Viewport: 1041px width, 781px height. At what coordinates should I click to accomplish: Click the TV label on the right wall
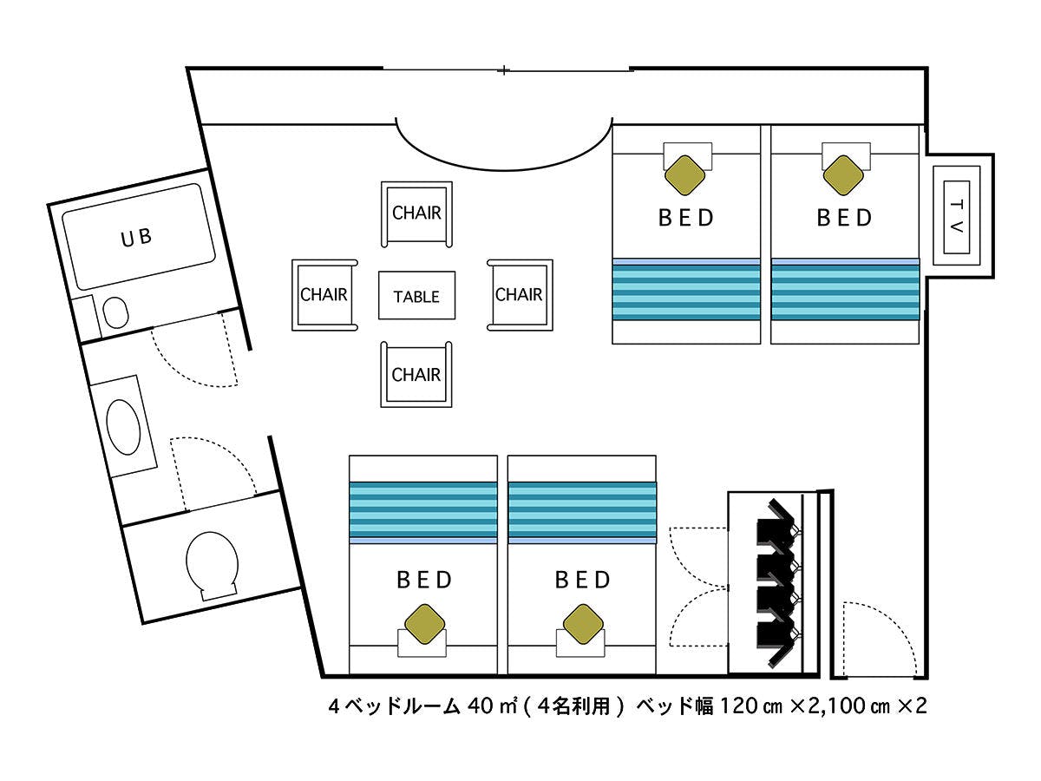pyautogui.click(x=956, y=217)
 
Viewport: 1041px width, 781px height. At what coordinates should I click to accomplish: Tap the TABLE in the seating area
pyautogui.click(x=416, y=296)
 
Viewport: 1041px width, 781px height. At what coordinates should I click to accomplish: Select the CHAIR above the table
pyautogui.click(x=416, y=213)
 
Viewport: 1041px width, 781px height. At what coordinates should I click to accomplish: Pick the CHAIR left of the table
pyautogui.click(x=324, y=295)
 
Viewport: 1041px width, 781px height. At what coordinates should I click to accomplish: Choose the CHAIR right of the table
pyautogui.click(x=519, y=295)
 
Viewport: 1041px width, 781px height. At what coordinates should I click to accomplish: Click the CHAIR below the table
pyautogui.click(x=416, y=375)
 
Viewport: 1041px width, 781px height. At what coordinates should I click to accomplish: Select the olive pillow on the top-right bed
pyautogui.click(x=844, y=174)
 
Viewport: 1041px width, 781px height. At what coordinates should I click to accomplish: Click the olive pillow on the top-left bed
pyautogui.click(x=686, y=174)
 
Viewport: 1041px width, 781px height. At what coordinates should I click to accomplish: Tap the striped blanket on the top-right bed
pyautogui.click(x=845, y=289)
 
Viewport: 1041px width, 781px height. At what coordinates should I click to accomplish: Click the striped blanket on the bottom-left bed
pyautogui.click(x=423, y=510)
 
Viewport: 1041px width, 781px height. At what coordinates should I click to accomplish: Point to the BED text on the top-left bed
pyautogui.click(x=686, y=217)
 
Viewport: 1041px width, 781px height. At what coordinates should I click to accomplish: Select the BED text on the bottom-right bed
pyautogui.click(x=582, y=579)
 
